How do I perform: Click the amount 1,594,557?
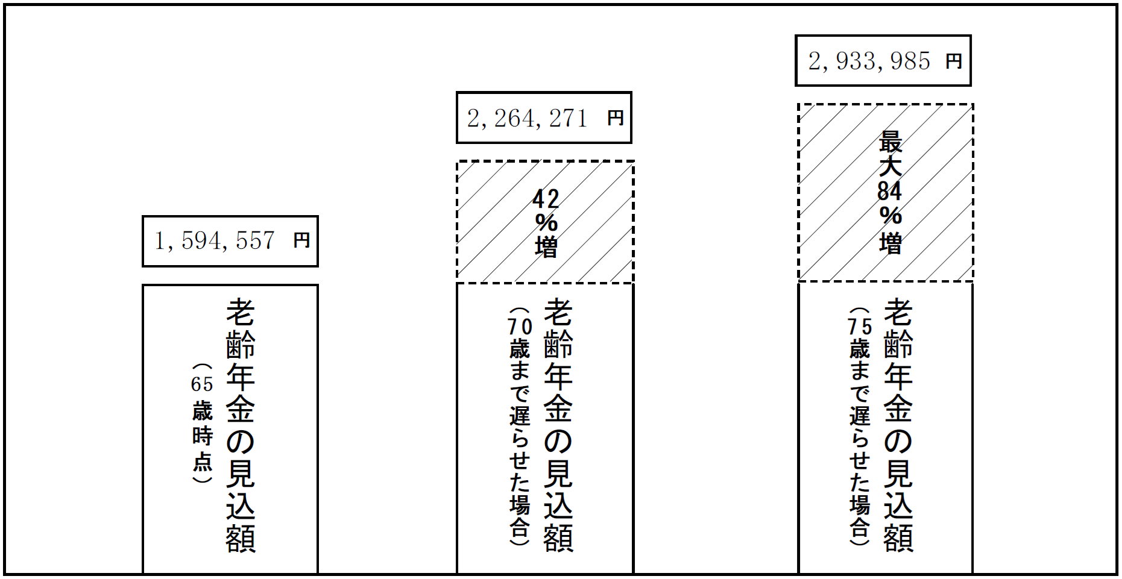click(215, 241)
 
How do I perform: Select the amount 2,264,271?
click(527, 118)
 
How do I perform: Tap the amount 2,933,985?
click(869, 61)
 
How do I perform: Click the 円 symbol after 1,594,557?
click(301, 240)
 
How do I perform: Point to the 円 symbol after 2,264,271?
click(615, 117)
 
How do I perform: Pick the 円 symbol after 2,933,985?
click(953, 61)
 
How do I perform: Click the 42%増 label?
click(546, 223)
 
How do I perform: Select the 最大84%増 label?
click(890, 193)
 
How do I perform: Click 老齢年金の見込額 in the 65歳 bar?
click(240, 425)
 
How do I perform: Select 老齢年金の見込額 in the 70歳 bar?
click(558, 425)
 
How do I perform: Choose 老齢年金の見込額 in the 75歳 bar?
click(898, 425)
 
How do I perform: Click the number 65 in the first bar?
click(202, 384)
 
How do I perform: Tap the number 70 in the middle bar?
click(520, 327)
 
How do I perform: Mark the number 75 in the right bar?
click(860, 327)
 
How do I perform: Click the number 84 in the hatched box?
click(889, 191)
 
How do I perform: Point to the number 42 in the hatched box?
click(546, 199)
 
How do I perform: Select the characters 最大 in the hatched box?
click(890, 154)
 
